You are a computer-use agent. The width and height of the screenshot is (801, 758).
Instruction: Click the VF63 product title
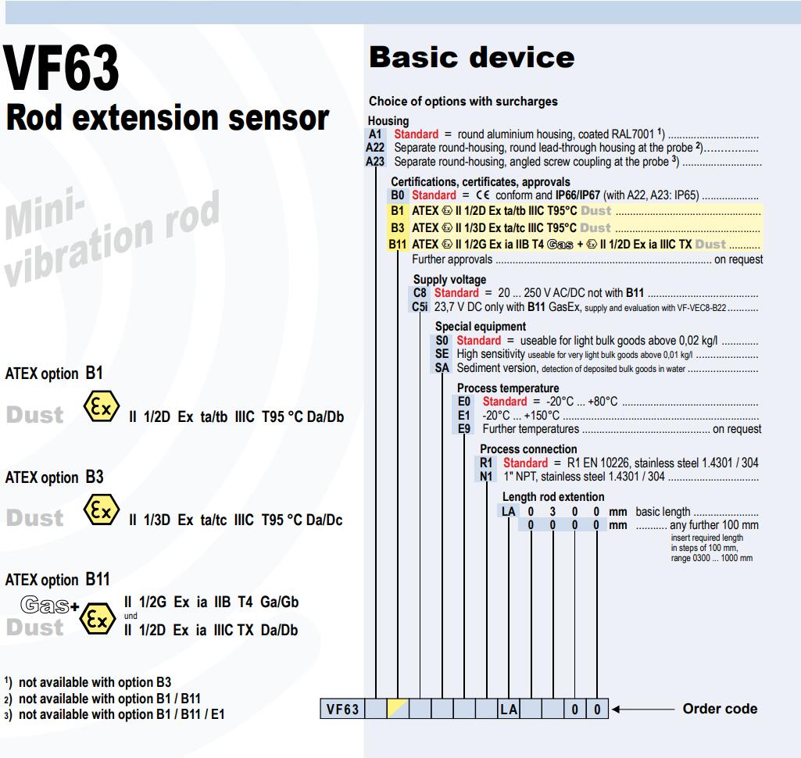coord(61,68)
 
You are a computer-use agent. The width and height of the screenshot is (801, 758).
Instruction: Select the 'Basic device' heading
coord(471,57)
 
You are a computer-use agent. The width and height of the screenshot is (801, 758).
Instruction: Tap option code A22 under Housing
coord(375,148)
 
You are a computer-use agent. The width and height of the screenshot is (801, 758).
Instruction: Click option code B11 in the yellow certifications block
coord(398,244)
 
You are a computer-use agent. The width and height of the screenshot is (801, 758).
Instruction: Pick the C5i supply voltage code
coord(420,306)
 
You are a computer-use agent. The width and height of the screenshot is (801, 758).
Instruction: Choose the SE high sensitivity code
coord(442,354)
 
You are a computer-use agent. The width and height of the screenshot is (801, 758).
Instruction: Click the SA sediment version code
coord(442,368)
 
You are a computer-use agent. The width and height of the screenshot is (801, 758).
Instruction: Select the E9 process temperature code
coord(464,428)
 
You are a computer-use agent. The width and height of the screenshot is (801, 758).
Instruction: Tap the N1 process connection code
coord(486,476)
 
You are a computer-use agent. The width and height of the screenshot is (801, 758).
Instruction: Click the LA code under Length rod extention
coord(508,511)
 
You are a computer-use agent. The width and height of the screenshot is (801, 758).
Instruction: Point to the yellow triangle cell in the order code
coord(398,709)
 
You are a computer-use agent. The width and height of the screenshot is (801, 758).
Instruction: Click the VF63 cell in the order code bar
coord(342,709)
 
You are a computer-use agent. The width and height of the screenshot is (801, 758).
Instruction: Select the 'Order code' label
coord(720,709)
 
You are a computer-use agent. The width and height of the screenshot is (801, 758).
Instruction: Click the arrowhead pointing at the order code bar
coord(616,709)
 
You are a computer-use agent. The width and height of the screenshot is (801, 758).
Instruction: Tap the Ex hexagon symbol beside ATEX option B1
coord(101,406)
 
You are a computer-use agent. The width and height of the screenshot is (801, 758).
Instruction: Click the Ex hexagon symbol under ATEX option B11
coord(98,619)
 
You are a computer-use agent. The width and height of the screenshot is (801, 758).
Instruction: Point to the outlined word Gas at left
coord(45,605)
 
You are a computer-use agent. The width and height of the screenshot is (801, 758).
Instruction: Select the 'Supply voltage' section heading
coord(449,280)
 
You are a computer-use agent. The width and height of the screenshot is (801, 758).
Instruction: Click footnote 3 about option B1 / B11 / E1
coord(114,714)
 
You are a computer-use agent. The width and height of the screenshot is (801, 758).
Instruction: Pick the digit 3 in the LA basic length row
coord(552,511)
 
